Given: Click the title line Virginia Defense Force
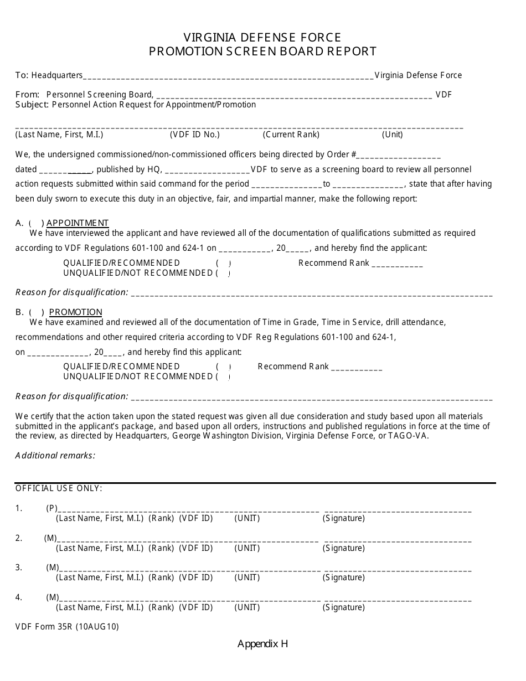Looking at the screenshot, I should (262, 37).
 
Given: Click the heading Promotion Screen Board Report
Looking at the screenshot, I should (262, 51).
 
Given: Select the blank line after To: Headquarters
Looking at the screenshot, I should (228, 76).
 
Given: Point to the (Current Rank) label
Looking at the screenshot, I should (291, 135).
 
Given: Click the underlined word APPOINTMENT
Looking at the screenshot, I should (78, 223).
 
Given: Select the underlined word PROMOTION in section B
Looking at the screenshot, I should (76, 312).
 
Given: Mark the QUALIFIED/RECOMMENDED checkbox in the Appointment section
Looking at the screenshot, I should (223, 263).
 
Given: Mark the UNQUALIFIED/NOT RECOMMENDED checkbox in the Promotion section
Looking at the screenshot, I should (223, 376).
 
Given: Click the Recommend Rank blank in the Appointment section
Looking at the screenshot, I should (397, 264).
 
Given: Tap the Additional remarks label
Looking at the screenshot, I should (55, 456).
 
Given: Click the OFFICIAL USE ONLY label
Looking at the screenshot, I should (59, 488).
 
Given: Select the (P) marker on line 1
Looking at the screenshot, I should (51, 508).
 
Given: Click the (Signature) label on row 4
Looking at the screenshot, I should (344, 607).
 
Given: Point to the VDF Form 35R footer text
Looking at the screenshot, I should (67, 627).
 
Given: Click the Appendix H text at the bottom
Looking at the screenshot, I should (262, 644).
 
